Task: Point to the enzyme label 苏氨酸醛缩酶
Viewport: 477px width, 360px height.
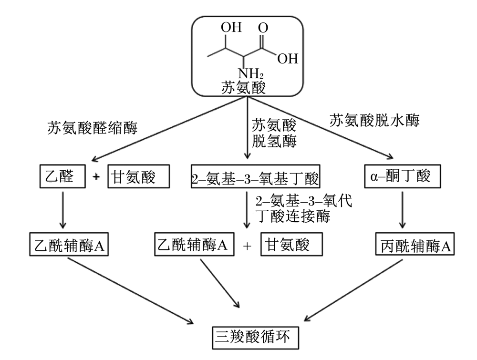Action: [93, 128]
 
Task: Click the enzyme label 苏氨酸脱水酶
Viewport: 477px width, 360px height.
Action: [374, 121]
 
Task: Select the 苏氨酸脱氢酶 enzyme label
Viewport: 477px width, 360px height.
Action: [274, 133]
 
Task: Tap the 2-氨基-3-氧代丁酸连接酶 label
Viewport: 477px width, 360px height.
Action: [303, 208]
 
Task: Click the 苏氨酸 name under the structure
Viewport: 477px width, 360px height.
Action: [243, 88]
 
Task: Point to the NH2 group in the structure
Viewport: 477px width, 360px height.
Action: [251, 73]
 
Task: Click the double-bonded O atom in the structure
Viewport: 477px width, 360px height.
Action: [263, 28]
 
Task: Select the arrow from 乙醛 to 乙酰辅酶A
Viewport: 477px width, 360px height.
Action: [62, 210]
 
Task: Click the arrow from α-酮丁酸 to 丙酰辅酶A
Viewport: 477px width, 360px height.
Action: [402, 210]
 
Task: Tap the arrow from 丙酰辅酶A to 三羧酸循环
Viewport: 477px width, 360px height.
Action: [353, 290]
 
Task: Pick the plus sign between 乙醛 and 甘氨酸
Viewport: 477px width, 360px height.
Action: [96, 176]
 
